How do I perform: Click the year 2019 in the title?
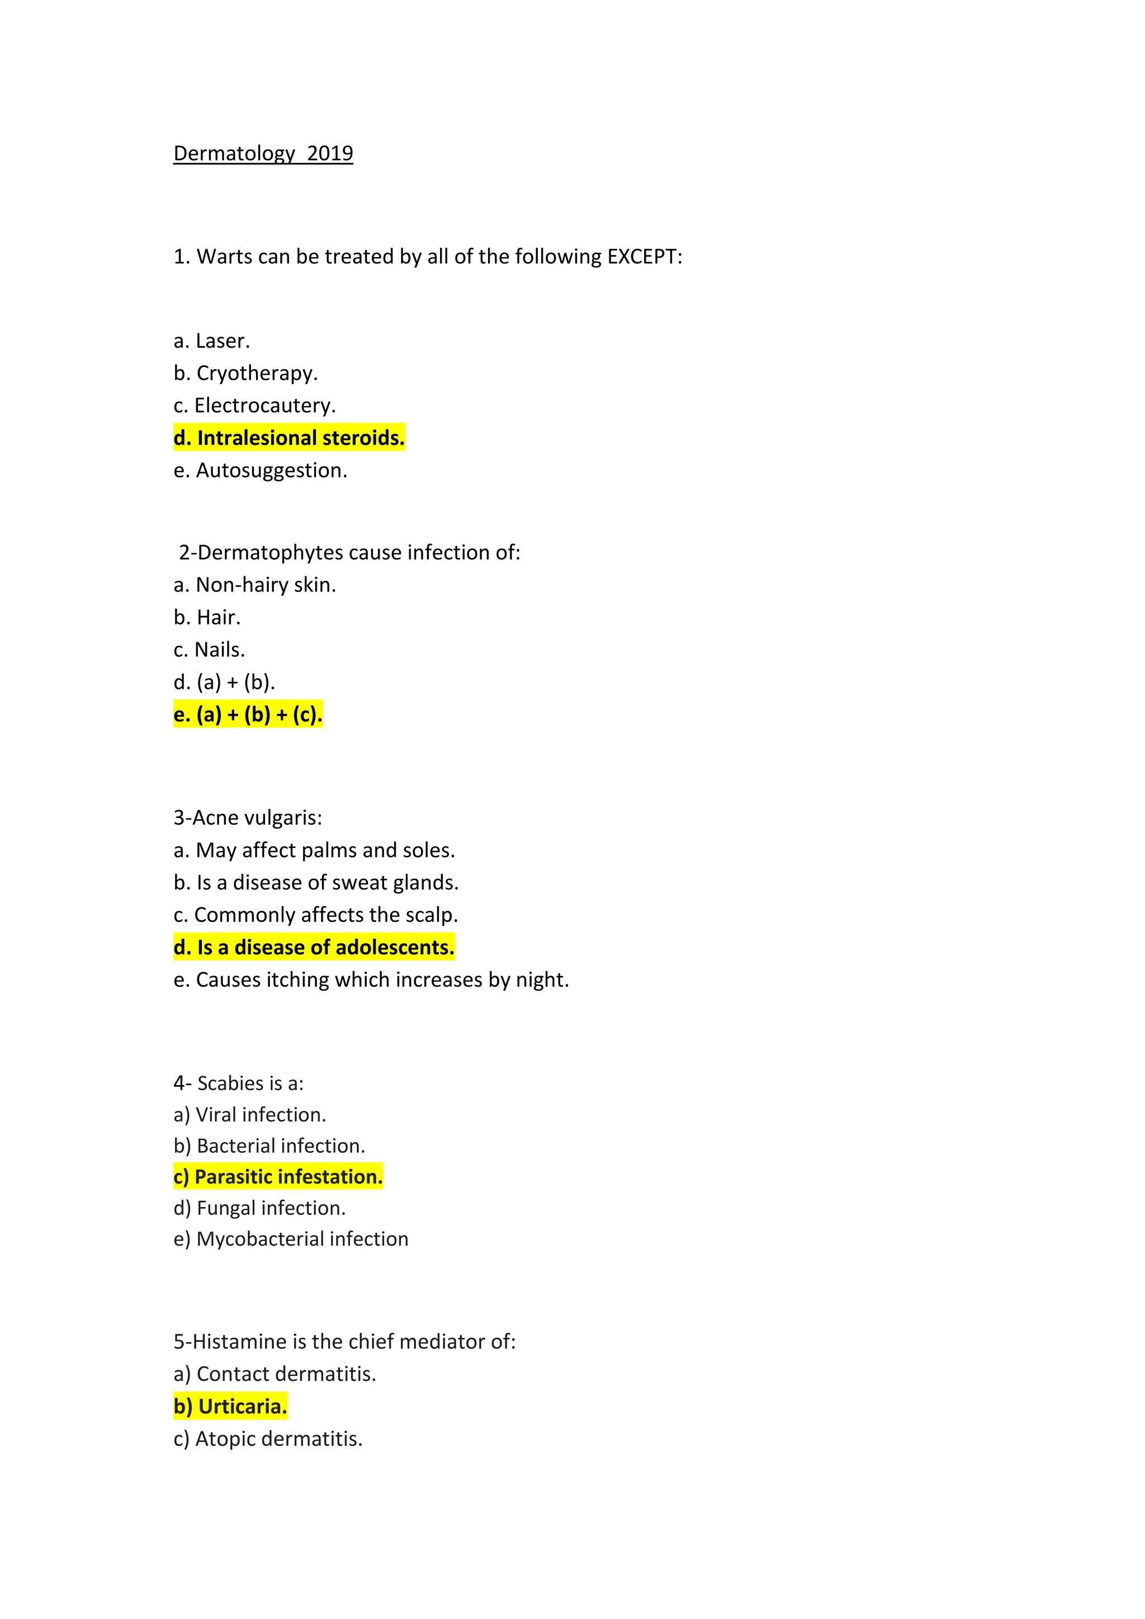[x=330, y=153]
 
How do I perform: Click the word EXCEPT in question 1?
[x=645, y=256]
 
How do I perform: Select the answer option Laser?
[x=211, y=340]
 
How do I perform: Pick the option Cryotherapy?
[x=245, y=373]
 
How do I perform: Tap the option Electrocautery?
[x=254, y=405]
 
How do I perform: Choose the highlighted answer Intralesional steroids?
[x=289, y=438]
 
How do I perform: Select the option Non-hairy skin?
[x=254, y=585]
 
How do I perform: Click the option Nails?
[x=210, y=650]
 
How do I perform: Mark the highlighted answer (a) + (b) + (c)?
[x=248, y=714]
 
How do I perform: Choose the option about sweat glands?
[x=316, y=882]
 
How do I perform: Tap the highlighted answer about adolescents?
[x=314, y=947]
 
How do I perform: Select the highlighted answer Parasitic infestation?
[x=278, y=1177]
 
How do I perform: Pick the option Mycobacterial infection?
[x=291, y=1239]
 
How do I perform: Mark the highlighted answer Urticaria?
[x=230, y=1406]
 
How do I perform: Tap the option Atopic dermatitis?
[x=268, y=1438]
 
